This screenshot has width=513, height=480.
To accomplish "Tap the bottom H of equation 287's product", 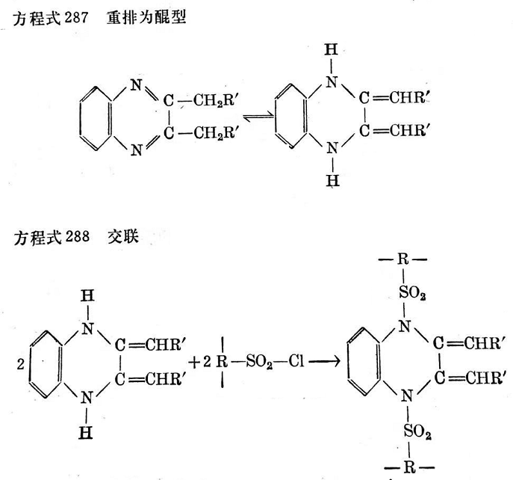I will point(334,180).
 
